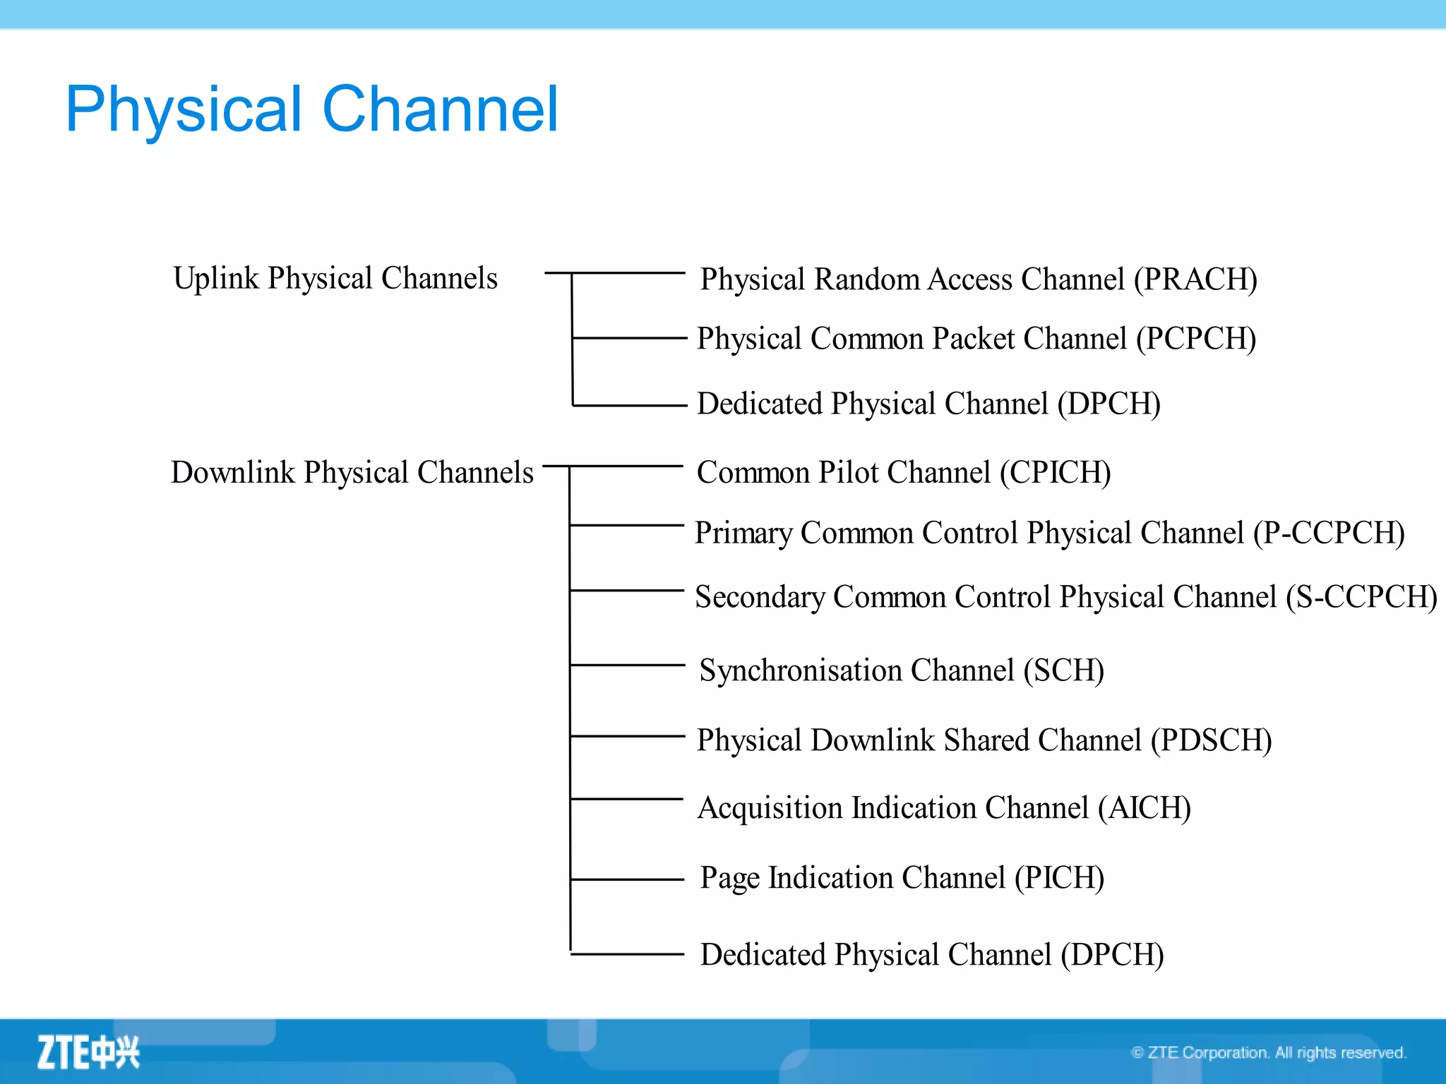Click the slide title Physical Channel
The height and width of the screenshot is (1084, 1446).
coord(311,109)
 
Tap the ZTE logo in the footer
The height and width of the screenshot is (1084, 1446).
coord(88,1052)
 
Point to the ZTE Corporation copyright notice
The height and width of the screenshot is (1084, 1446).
coord(1268,1053)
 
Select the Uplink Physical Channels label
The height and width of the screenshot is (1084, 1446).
coord(335,278)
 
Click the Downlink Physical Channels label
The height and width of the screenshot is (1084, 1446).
coord(352,472)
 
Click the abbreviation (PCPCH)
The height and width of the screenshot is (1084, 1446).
coord(1195,339)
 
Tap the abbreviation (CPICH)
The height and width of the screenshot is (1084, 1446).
coord(1055,473)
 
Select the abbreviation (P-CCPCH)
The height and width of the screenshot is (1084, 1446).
coord(1328,533)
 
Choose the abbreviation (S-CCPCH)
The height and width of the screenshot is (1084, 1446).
coord(1361,597)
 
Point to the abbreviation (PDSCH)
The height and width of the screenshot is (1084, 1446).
coord(1211,740)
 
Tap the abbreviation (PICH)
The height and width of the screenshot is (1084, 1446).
coord(1059,878)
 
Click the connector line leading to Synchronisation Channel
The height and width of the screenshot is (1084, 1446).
coord(627,665)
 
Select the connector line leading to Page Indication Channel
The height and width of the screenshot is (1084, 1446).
coord(627,879)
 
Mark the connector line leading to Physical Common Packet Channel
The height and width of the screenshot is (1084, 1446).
coord(628,338)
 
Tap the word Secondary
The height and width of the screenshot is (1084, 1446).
coord(760,597)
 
